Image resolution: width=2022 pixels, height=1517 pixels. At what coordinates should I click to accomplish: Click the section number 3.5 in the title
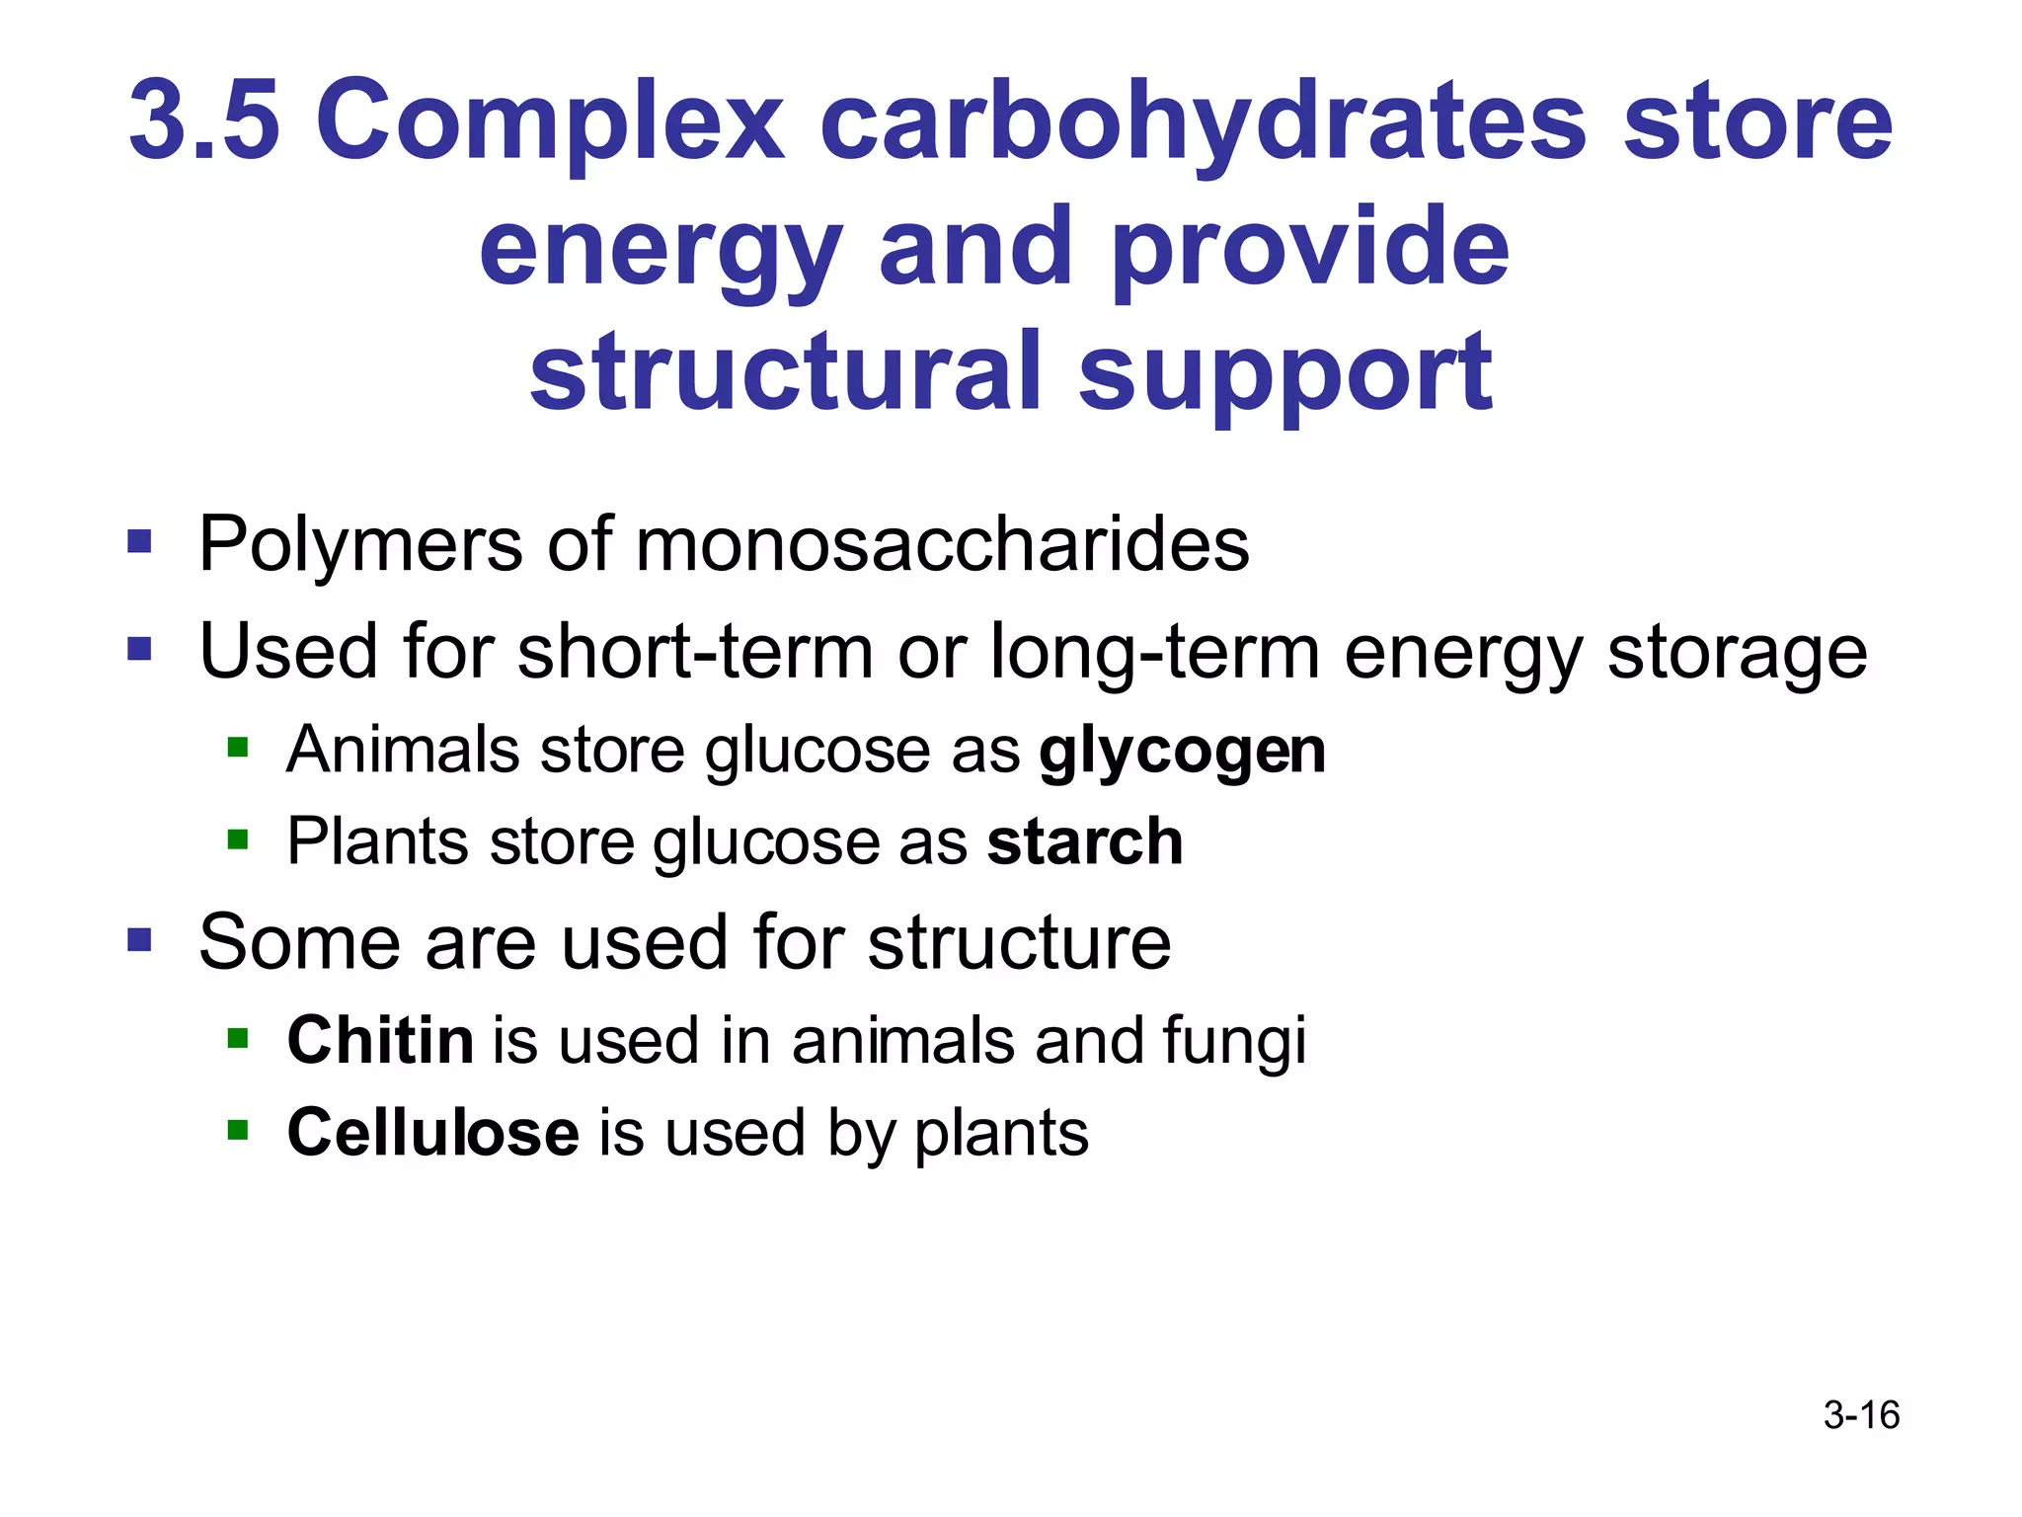click(x=203, y=120)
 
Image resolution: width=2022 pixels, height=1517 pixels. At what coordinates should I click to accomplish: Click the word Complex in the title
click(x=549, y=120)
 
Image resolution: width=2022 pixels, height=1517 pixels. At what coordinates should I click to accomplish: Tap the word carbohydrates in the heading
click(x=1204, y=120)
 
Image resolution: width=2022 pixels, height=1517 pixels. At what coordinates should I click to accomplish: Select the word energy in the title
click(x=661, y=249)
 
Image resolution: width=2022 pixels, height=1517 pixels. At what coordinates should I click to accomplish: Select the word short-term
click(x=695, y=652)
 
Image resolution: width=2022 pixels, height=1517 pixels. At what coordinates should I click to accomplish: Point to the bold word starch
click(x=1084, y=842)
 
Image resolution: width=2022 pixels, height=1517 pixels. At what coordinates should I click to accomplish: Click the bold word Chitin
click(x=380, y=1040)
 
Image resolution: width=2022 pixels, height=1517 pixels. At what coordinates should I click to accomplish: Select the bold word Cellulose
click(x=432, y=1132)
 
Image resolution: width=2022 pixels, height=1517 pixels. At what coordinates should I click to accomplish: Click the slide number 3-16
click(x=1861, y=1415)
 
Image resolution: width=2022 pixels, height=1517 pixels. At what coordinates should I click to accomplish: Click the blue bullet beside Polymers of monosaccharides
click(x=139, y=542)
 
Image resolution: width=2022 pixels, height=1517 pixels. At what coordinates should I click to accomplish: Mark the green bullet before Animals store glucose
click(x=237, y=746)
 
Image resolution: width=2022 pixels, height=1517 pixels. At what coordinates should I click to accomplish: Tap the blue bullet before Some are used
click(x=139, y=939)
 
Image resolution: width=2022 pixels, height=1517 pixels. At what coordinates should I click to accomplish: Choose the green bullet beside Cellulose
click(x=237, y=1129)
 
